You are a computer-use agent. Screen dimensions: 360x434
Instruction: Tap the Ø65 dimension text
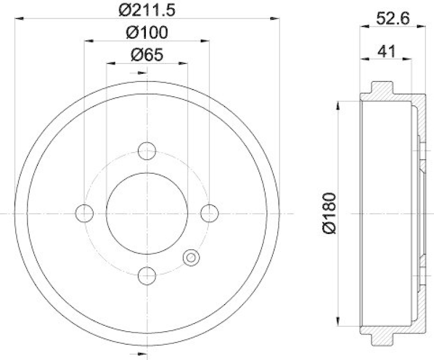click(x=147, y=54)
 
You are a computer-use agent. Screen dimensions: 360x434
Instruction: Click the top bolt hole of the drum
click(x=147, y=151)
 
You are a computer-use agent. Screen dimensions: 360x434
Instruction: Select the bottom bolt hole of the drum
click(x=147, y=276)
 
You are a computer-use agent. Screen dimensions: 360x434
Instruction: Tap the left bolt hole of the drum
click(x=85, y=213)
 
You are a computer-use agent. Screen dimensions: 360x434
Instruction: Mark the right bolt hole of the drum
click(x=209, y=213)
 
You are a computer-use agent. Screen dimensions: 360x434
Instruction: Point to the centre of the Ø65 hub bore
click(x=147, y=213)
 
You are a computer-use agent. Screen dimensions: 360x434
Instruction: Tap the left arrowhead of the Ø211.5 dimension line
click(x=18, y=18)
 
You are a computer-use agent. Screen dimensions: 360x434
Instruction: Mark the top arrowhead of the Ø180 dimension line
click(x=339, y=105)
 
